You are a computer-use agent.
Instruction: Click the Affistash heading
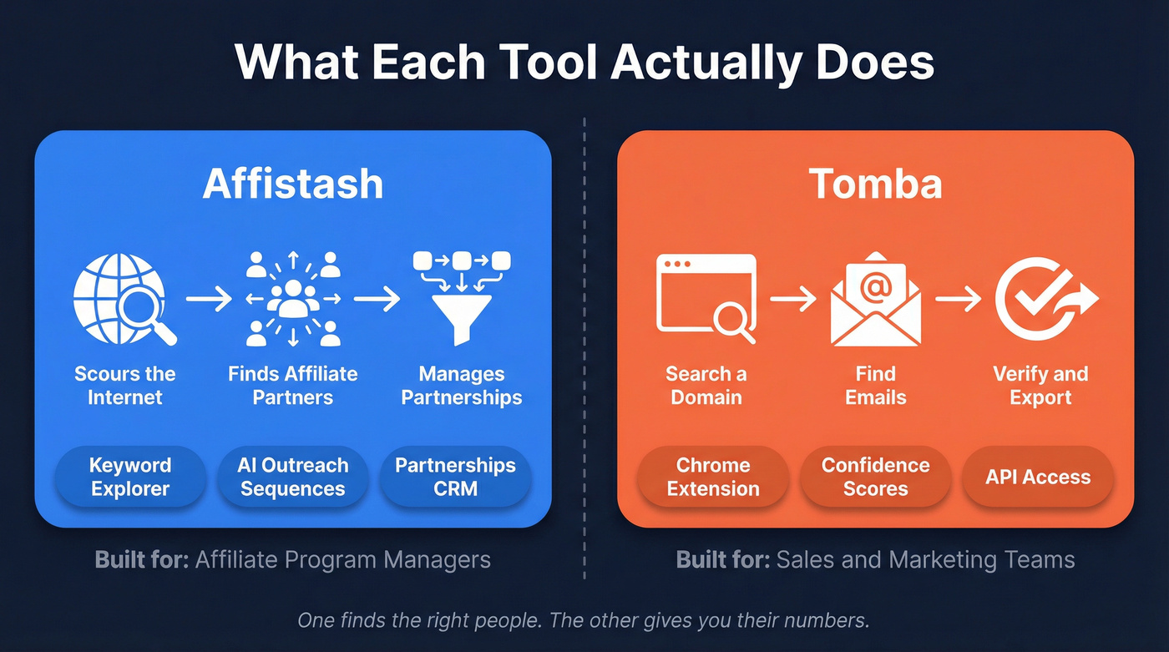[x=292, y=184]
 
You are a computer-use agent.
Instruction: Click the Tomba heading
[x=875, y=184]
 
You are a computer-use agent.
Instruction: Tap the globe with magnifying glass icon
[x=124, y=300]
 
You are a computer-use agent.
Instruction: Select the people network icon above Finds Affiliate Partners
[x=293, y=300]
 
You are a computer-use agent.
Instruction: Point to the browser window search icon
[x=706, y=299]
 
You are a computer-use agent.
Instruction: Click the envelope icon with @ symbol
[x=875, y=299]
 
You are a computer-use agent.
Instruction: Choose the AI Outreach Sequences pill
[x=293, y=477]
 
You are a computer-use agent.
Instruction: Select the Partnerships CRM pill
[x=455, y=477]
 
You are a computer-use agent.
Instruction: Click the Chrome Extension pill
[x=713, y=477]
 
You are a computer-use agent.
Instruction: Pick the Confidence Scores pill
[x=875, y=477]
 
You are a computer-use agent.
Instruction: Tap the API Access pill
[x=1038, y=477]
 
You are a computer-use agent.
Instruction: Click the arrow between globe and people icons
[x=209, y=299]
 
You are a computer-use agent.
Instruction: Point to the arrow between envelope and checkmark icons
[x=959, y=299]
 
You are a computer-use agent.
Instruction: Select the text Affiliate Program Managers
[x=342, y=559]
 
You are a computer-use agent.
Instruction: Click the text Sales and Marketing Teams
[x=925, y=559]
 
